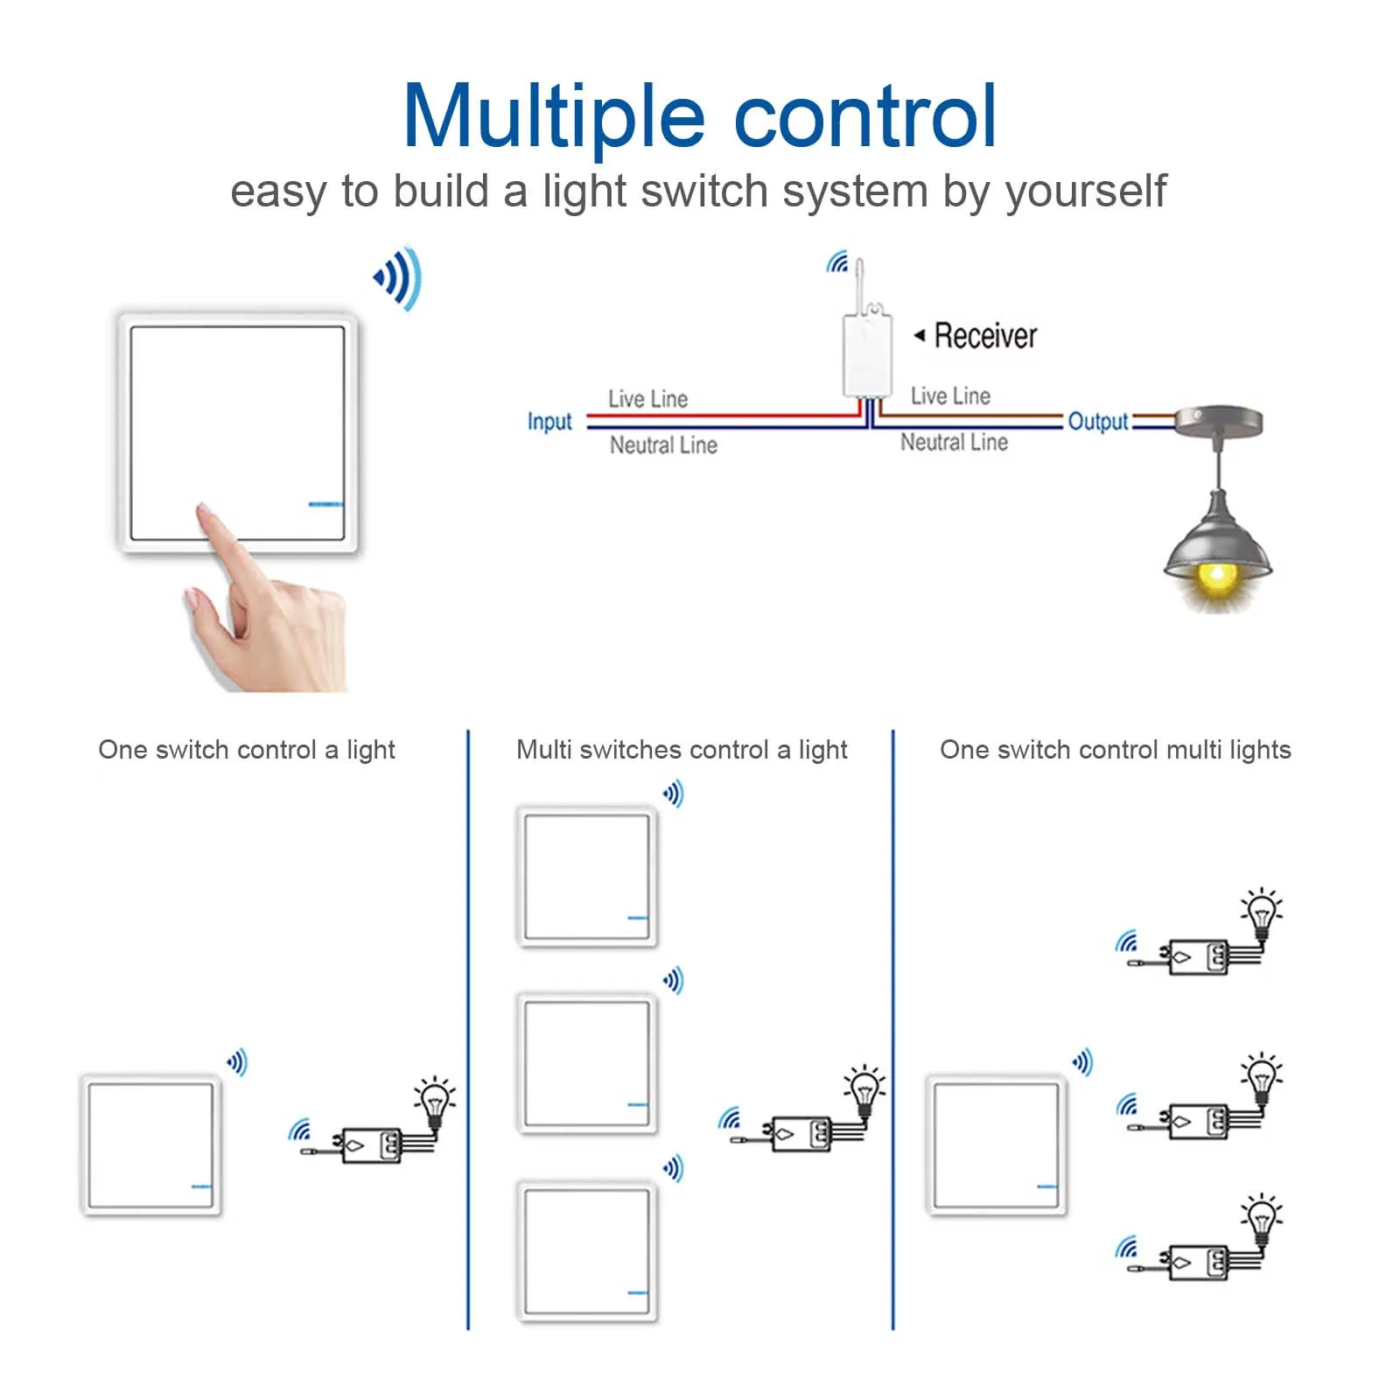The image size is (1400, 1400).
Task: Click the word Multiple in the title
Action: (553, 118)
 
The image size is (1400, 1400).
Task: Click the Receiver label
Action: (985, 336)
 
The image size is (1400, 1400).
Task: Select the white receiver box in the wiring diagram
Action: (867, 354)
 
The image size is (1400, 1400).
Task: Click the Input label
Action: (549, 422)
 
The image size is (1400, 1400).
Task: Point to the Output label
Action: (1098, 422)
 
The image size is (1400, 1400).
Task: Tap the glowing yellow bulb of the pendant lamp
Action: (1216, 577)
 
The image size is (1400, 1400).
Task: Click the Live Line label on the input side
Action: (647, 399)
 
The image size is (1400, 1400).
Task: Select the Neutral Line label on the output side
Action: (954, 443)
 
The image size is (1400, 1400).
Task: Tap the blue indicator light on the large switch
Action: (325, 504)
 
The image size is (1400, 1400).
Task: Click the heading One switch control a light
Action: (247, 750)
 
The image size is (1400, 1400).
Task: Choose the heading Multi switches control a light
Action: (682, 750)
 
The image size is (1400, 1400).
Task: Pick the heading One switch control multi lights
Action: (1115, 750)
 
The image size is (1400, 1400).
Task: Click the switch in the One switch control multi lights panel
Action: (996, 1144)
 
